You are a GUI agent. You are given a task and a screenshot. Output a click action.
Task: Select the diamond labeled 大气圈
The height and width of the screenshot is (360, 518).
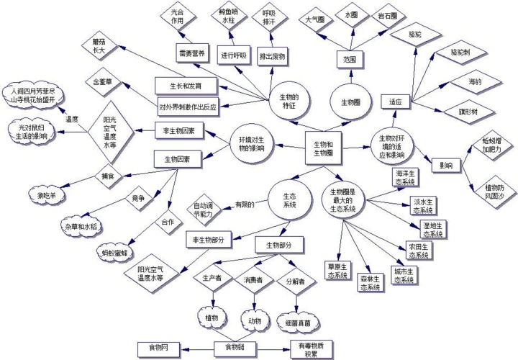tap(316, 20)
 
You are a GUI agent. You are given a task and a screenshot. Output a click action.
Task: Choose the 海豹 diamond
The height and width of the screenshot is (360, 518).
tap(476, 82)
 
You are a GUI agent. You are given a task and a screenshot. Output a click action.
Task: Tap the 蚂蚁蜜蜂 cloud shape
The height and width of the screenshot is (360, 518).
tap(114, 253)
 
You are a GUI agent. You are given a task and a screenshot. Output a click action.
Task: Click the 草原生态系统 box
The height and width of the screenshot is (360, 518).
tap(337, 271)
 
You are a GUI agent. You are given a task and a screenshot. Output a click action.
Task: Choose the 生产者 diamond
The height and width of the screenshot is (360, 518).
tap(212, 277)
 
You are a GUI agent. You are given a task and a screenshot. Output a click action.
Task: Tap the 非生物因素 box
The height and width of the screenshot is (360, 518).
tap(180, 131)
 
